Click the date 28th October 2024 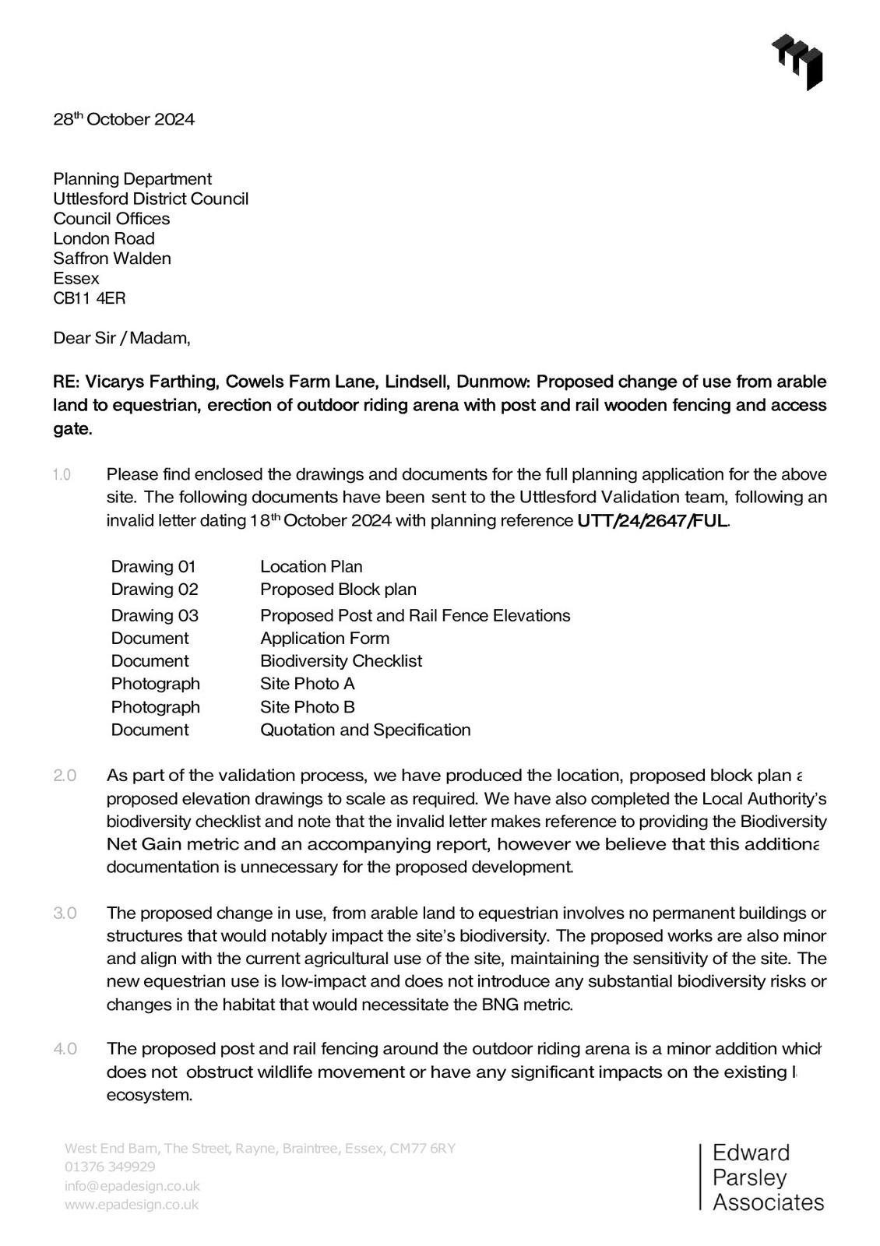click(124, 119)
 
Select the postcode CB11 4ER click(89, 298)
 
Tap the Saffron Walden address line click(112, 259)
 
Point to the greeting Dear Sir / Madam click(121, 338)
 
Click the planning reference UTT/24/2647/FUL click(653, 520)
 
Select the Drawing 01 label click(153, 566)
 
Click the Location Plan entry click(312, 566)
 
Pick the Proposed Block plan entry click(338, 589)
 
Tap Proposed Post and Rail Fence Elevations click(415, 615)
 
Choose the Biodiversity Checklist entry click(341, 660)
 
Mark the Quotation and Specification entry click(365, 730)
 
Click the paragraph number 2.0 click(65, 776)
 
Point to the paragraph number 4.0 click(65, 1049)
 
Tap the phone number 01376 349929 click(110, 1167)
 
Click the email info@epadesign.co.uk click(132, 1186)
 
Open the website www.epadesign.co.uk click(132, 1205)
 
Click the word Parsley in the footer click(749, 1177)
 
